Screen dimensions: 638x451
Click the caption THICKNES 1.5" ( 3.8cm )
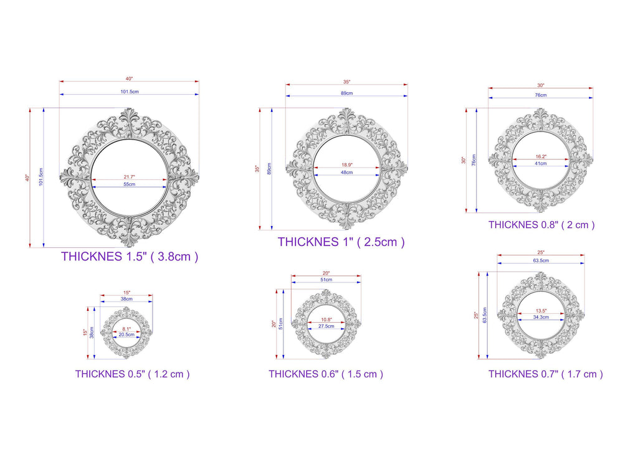[130, 256]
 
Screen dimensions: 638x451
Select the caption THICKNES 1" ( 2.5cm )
[341, 242]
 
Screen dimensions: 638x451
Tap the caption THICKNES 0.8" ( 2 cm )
[541, 225]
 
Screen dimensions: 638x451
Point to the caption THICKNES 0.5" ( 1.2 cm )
[132, 374]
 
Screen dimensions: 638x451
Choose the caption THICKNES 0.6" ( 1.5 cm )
[325, 374]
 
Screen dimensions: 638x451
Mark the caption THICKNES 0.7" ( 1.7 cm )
[546, 374]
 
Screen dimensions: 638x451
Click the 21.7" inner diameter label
[130, 177]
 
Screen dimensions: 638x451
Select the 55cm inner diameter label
[130, 184]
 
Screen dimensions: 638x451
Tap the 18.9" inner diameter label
[346, 165]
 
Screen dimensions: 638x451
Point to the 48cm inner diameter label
[346, 173]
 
